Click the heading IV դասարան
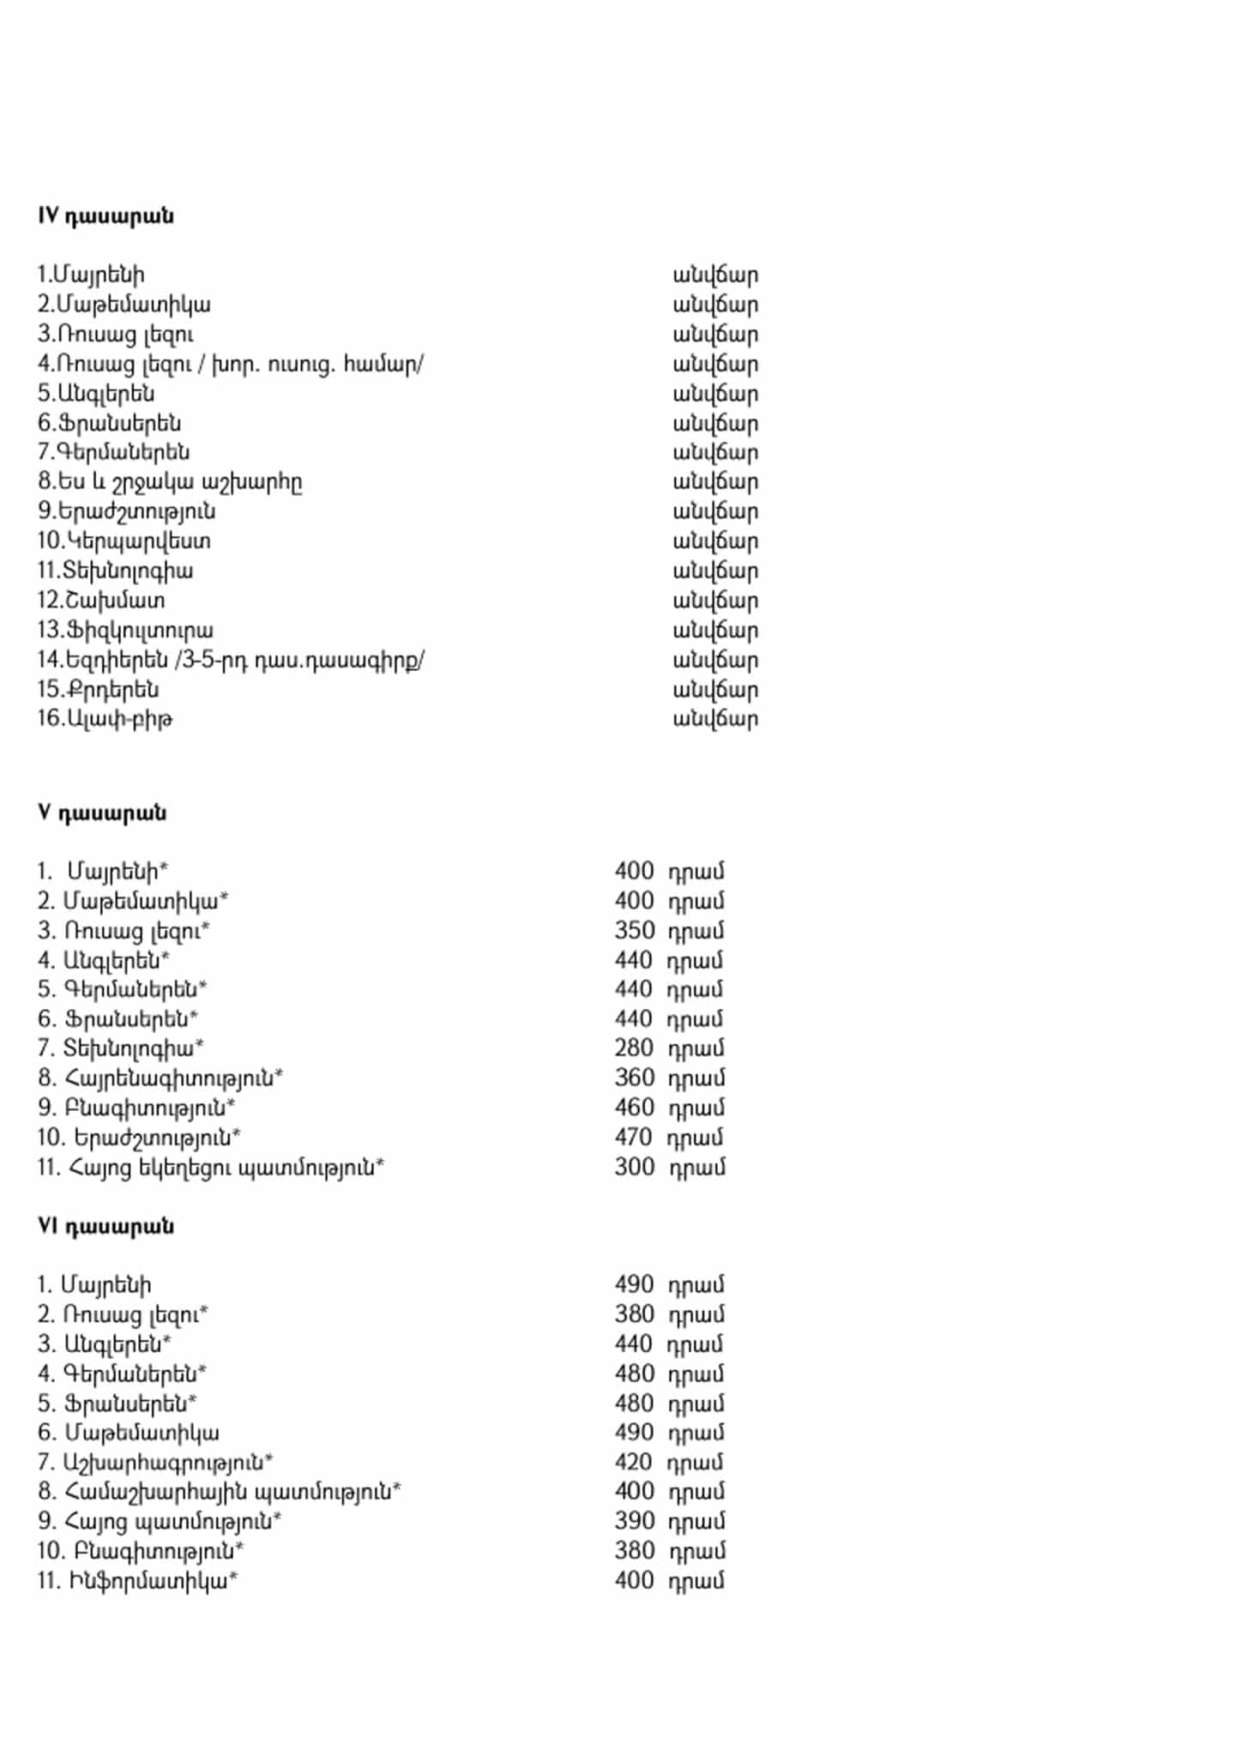pos(106,215)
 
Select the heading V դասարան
pos(102,812)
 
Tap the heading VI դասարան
pos(106,1226)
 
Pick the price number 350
pos(634,931)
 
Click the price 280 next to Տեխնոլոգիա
pos(634,1048)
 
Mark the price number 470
pos(634,1138)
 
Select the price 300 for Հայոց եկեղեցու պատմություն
pos(634,1168)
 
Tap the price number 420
pos(634,1462)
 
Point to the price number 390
pos(634,1521)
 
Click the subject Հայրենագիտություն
pos(172,1078)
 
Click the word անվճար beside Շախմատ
pos(715,601)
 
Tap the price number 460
pos(634,1108)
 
